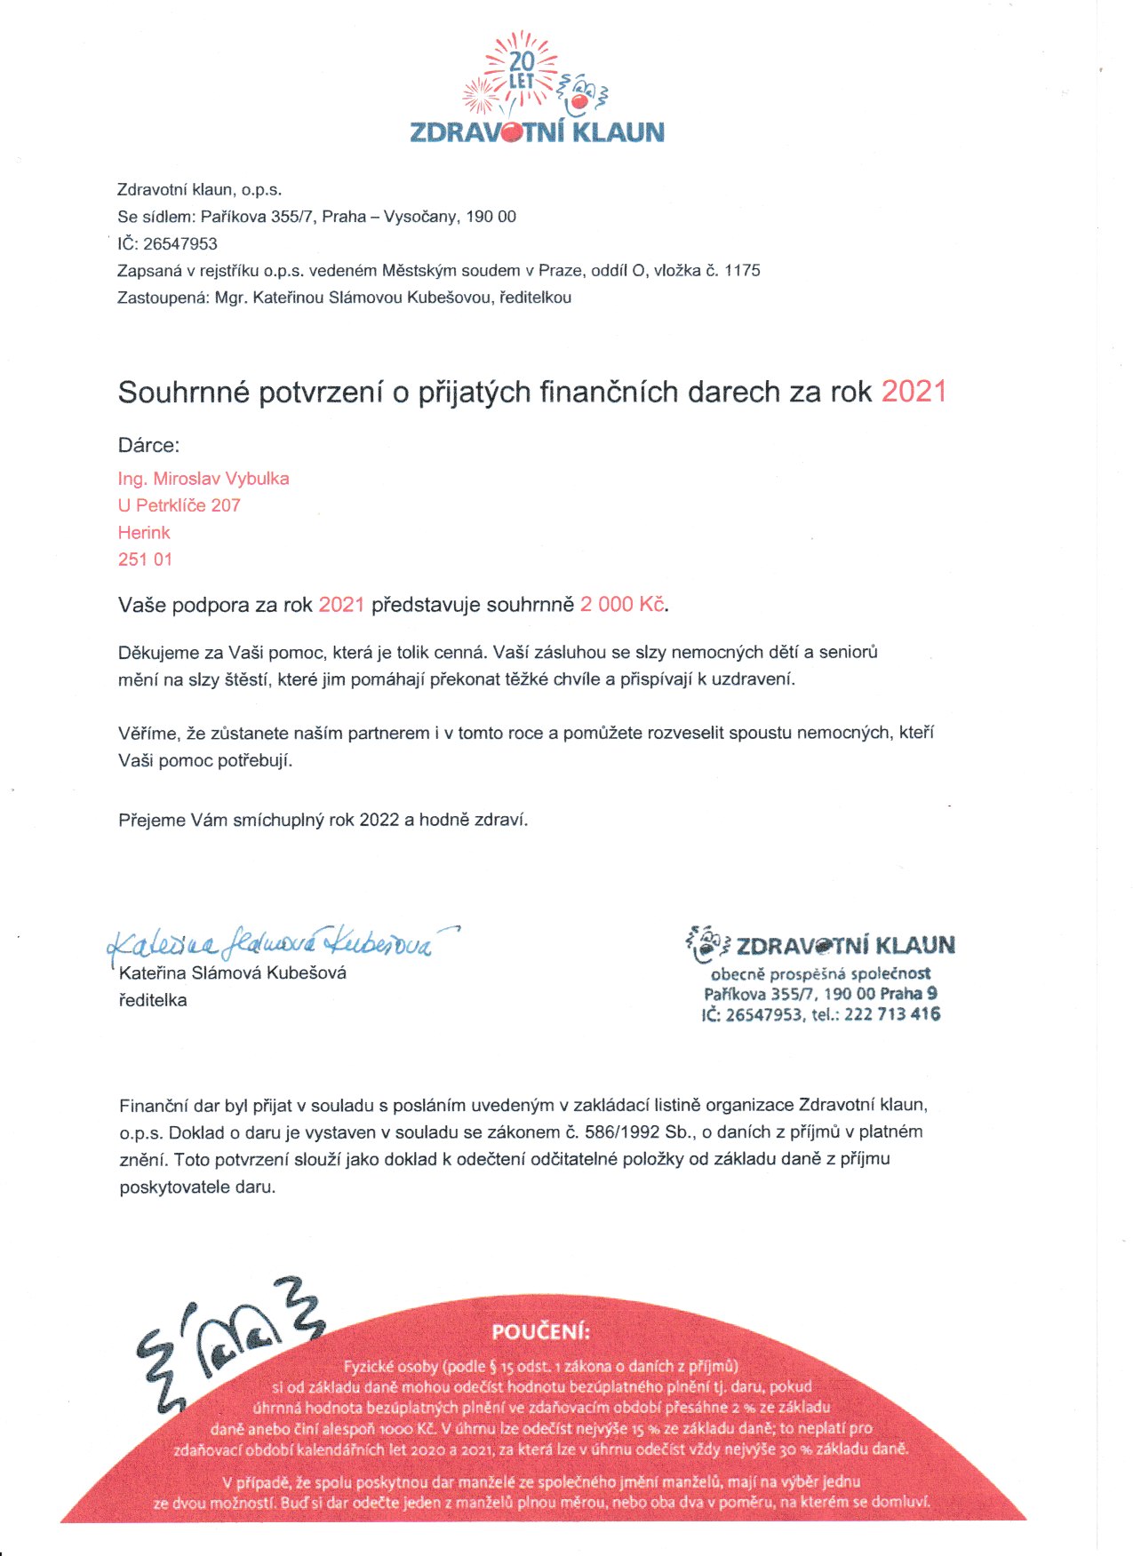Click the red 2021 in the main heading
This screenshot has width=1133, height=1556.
click(x=914, y=392)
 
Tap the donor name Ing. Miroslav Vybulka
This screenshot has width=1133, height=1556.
click(x=203, y=479)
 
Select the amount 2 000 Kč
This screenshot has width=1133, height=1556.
click(x=622, y=605)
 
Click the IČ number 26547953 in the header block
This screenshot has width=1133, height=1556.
click(x=180, y=243)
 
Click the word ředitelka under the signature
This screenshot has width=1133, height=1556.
click(x=153, y=1000)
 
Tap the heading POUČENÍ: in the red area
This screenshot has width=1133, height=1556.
click(x=540, y=1332)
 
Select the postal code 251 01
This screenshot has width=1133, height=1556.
click(x=145, y=560)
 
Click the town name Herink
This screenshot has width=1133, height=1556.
click(x=144, y=533)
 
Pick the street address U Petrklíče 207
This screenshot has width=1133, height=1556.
click(x=180, y=505)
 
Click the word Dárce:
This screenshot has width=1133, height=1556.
click(x=148, y=446)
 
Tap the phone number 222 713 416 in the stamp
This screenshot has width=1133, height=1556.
click(x=891, y=1014)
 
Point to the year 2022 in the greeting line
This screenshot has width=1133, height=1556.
click(x=379, y=820)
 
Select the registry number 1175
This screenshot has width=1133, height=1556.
click(x=742, y=270)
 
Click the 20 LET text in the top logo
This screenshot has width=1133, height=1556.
click(x=522, y=70)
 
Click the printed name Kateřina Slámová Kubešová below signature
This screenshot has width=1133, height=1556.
click(x=232, y=972)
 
